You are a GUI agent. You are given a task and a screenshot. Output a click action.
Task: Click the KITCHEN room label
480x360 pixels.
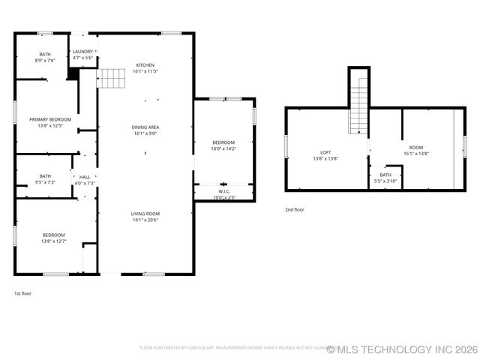point(145,64)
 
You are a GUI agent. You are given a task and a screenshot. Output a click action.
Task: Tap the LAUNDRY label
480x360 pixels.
point(82,51)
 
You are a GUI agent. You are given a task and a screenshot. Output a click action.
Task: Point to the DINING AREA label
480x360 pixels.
point(145,127)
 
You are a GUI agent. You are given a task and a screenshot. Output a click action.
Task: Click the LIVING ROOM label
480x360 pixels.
point(145,214)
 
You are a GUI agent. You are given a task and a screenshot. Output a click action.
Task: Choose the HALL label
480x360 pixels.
point(85,177)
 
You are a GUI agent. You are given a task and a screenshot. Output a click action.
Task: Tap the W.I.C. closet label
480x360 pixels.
point(223,191)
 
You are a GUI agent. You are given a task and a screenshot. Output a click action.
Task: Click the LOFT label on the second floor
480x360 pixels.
point(325,152)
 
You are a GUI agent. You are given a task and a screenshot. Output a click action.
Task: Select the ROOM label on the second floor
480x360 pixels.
point(415,147)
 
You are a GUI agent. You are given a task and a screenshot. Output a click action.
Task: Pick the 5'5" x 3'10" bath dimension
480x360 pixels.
point(385,181)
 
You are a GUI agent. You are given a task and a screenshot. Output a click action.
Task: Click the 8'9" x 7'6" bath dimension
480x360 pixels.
point(45,61)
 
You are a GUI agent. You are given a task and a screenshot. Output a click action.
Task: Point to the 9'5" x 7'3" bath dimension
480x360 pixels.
point(45,182)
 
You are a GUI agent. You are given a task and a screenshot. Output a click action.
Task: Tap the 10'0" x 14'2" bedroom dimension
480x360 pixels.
point(223,148)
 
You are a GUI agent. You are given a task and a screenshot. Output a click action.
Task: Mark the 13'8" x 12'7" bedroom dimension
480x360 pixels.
point(53,241)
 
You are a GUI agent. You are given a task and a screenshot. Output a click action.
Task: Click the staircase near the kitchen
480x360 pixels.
point(111,77)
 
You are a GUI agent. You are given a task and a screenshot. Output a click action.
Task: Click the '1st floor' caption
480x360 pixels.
point(22,293)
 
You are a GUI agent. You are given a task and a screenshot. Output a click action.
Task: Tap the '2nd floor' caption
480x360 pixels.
point(295,209)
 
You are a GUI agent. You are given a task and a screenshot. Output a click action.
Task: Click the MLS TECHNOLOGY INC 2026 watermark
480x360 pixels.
point(402,349)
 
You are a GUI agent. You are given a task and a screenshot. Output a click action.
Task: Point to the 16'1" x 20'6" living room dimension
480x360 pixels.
point(145,220)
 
